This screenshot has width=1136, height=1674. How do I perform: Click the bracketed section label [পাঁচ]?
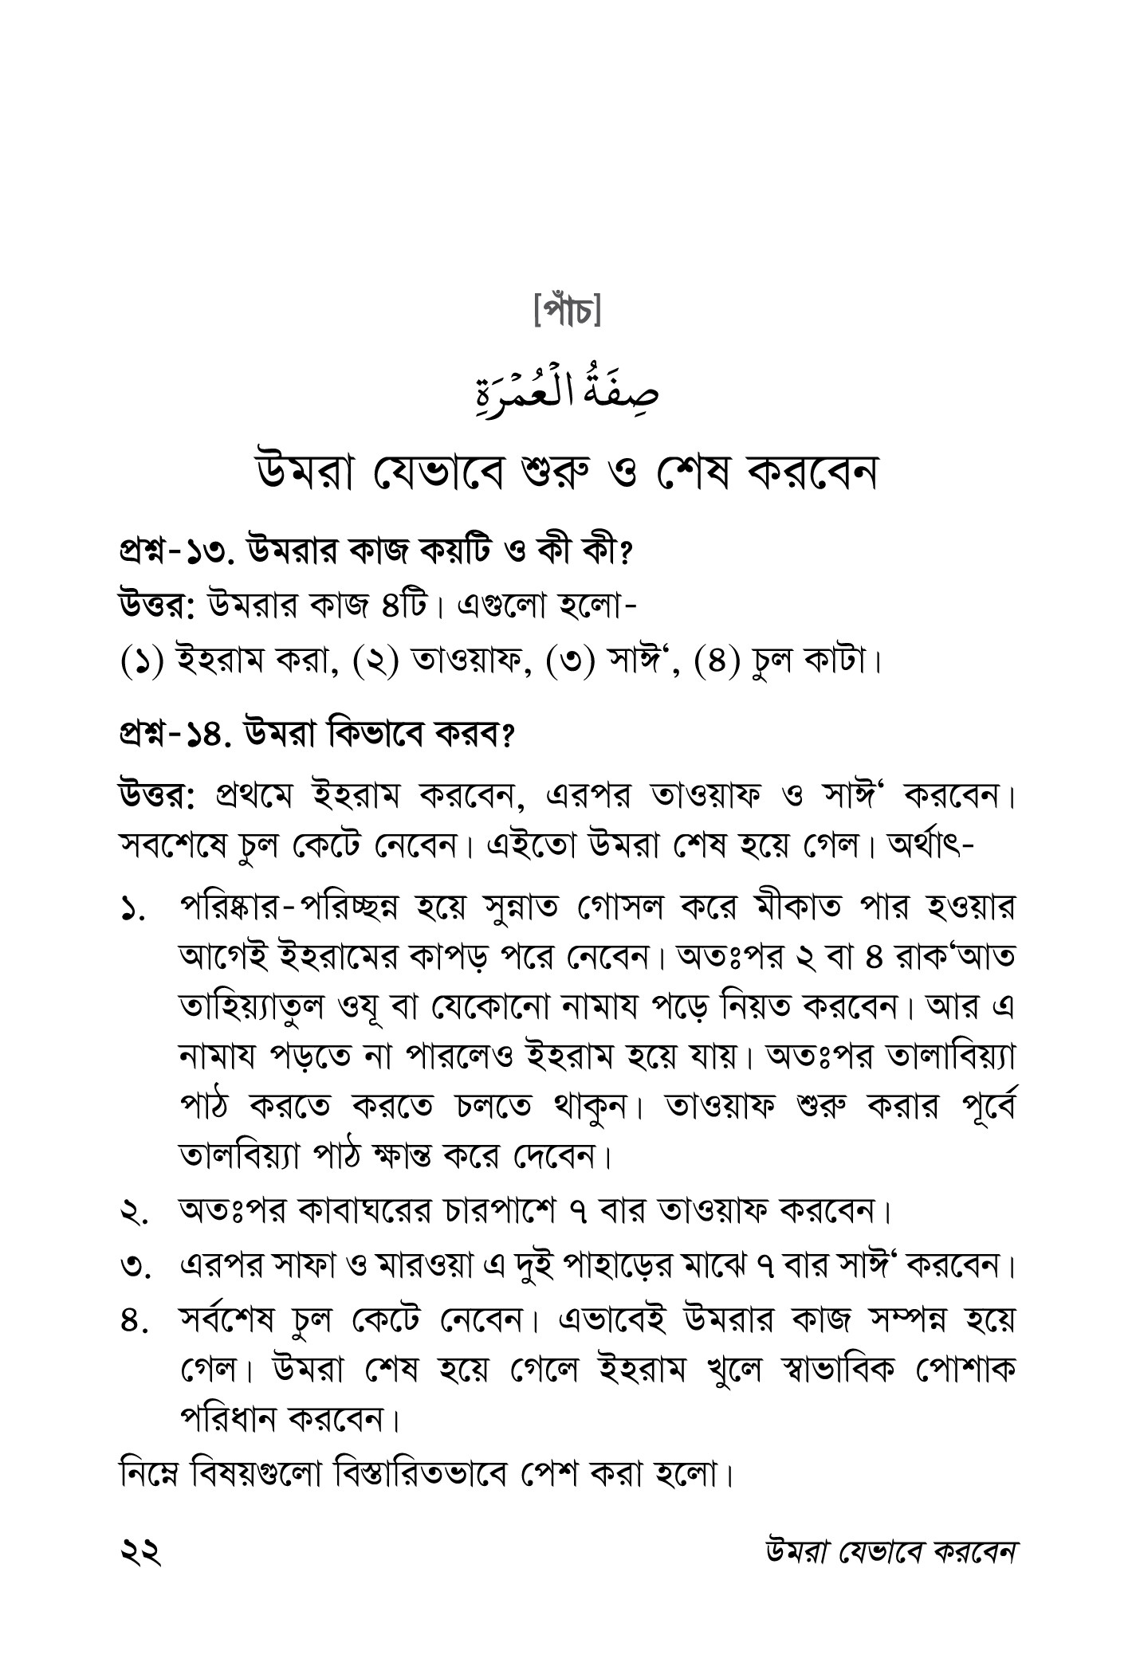(568, 311)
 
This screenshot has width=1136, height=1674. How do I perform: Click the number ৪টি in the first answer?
(403, 606)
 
